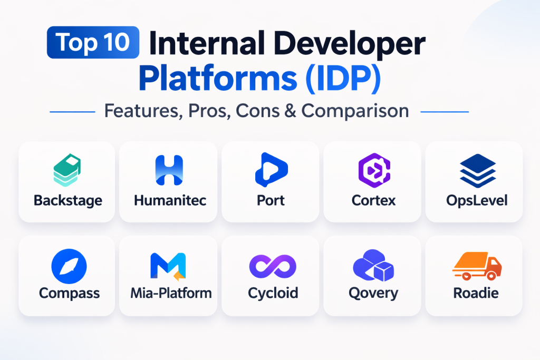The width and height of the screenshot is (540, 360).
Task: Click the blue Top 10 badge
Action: tap(93, 42)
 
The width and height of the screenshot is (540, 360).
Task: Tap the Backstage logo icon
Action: tap(67, 170)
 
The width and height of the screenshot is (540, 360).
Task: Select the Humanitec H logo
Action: tap(169, 170)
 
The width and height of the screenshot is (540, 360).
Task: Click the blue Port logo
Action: tap(271, 170)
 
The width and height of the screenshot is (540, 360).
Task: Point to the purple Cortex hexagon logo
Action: tap(374, 170)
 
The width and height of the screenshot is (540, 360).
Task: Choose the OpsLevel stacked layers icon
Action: tap(478, 171)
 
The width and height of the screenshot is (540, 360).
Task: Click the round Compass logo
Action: tap(69, 266)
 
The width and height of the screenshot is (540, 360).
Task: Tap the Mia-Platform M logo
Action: tap(168, 266)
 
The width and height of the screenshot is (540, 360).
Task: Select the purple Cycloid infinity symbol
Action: tap(273, 266)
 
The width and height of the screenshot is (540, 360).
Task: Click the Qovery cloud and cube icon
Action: tap(374, 265)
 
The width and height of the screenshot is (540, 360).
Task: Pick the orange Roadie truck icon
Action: tap(477, 266)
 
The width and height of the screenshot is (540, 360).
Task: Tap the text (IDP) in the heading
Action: tap(343, 79)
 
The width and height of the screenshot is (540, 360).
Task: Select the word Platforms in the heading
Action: tap(218, 79)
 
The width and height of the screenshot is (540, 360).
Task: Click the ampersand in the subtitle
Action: tap(291, 111)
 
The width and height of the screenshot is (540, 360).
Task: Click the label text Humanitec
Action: tap(170, 200)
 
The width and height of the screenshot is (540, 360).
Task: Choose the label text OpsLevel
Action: tap(477, 201)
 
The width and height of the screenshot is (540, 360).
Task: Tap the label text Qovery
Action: tap(373, 294)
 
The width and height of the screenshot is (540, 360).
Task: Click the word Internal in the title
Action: tap(207, 43)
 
